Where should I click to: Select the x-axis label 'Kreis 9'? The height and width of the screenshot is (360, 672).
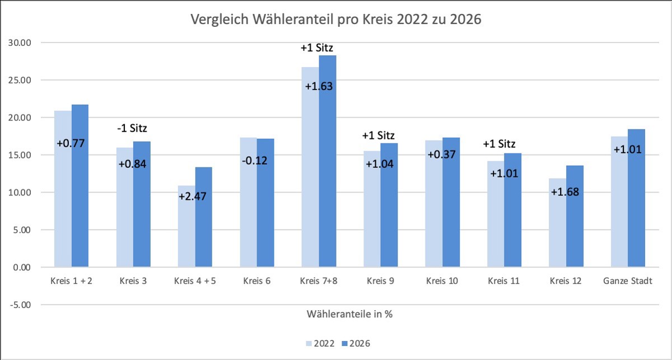(380, 281)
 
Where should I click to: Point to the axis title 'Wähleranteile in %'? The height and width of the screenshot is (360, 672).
(349, 314)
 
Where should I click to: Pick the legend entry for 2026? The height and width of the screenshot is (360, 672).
(354, 343)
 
